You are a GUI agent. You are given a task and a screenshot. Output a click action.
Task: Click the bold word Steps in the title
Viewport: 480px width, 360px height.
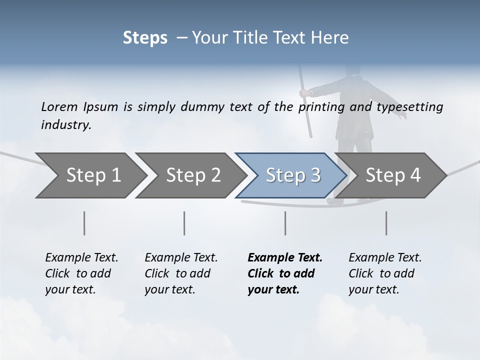click(145, 37)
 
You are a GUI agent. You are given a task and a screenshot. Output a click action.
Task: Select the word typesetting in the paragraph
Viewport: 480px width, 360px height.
click(414, 106)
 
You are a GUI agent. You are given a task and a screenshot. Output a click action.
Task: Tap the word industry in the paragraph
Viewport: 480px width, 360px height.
click(65, 125)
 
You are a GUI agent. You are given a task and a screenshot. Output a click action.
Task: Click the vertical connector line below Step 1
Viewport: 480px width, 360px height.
click(84, 223)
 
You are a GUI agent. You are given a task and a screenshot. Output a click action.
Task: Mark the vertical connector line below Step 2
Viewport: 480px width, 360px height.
click(184, 223)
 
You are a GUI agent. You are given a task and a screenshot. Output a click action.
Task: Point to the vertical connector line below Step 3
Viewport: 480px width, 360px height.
click(285, 223)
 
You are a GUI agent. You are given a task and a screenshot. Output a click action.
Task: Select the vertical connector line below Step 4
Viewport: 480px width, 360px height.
click(386, 223)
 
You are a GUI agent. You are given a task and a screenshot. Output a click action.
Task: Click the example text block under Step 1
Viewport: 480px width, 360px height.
click(81, 273)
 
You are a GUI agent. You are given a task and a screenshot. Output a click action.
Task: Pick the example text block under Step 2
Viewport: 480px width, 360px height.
click(181, 273)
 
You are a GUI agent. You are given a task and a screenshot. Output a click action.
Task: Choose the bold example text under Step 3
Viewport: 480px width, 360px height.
click(285, 273)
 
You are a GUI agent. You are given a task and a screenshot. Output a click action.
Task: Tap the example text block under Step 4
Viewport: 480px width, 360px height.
click(385, 273)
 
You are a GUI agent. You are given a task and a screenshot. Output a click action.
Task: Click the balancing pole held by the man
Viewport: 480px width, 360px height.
click(306, 105)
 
